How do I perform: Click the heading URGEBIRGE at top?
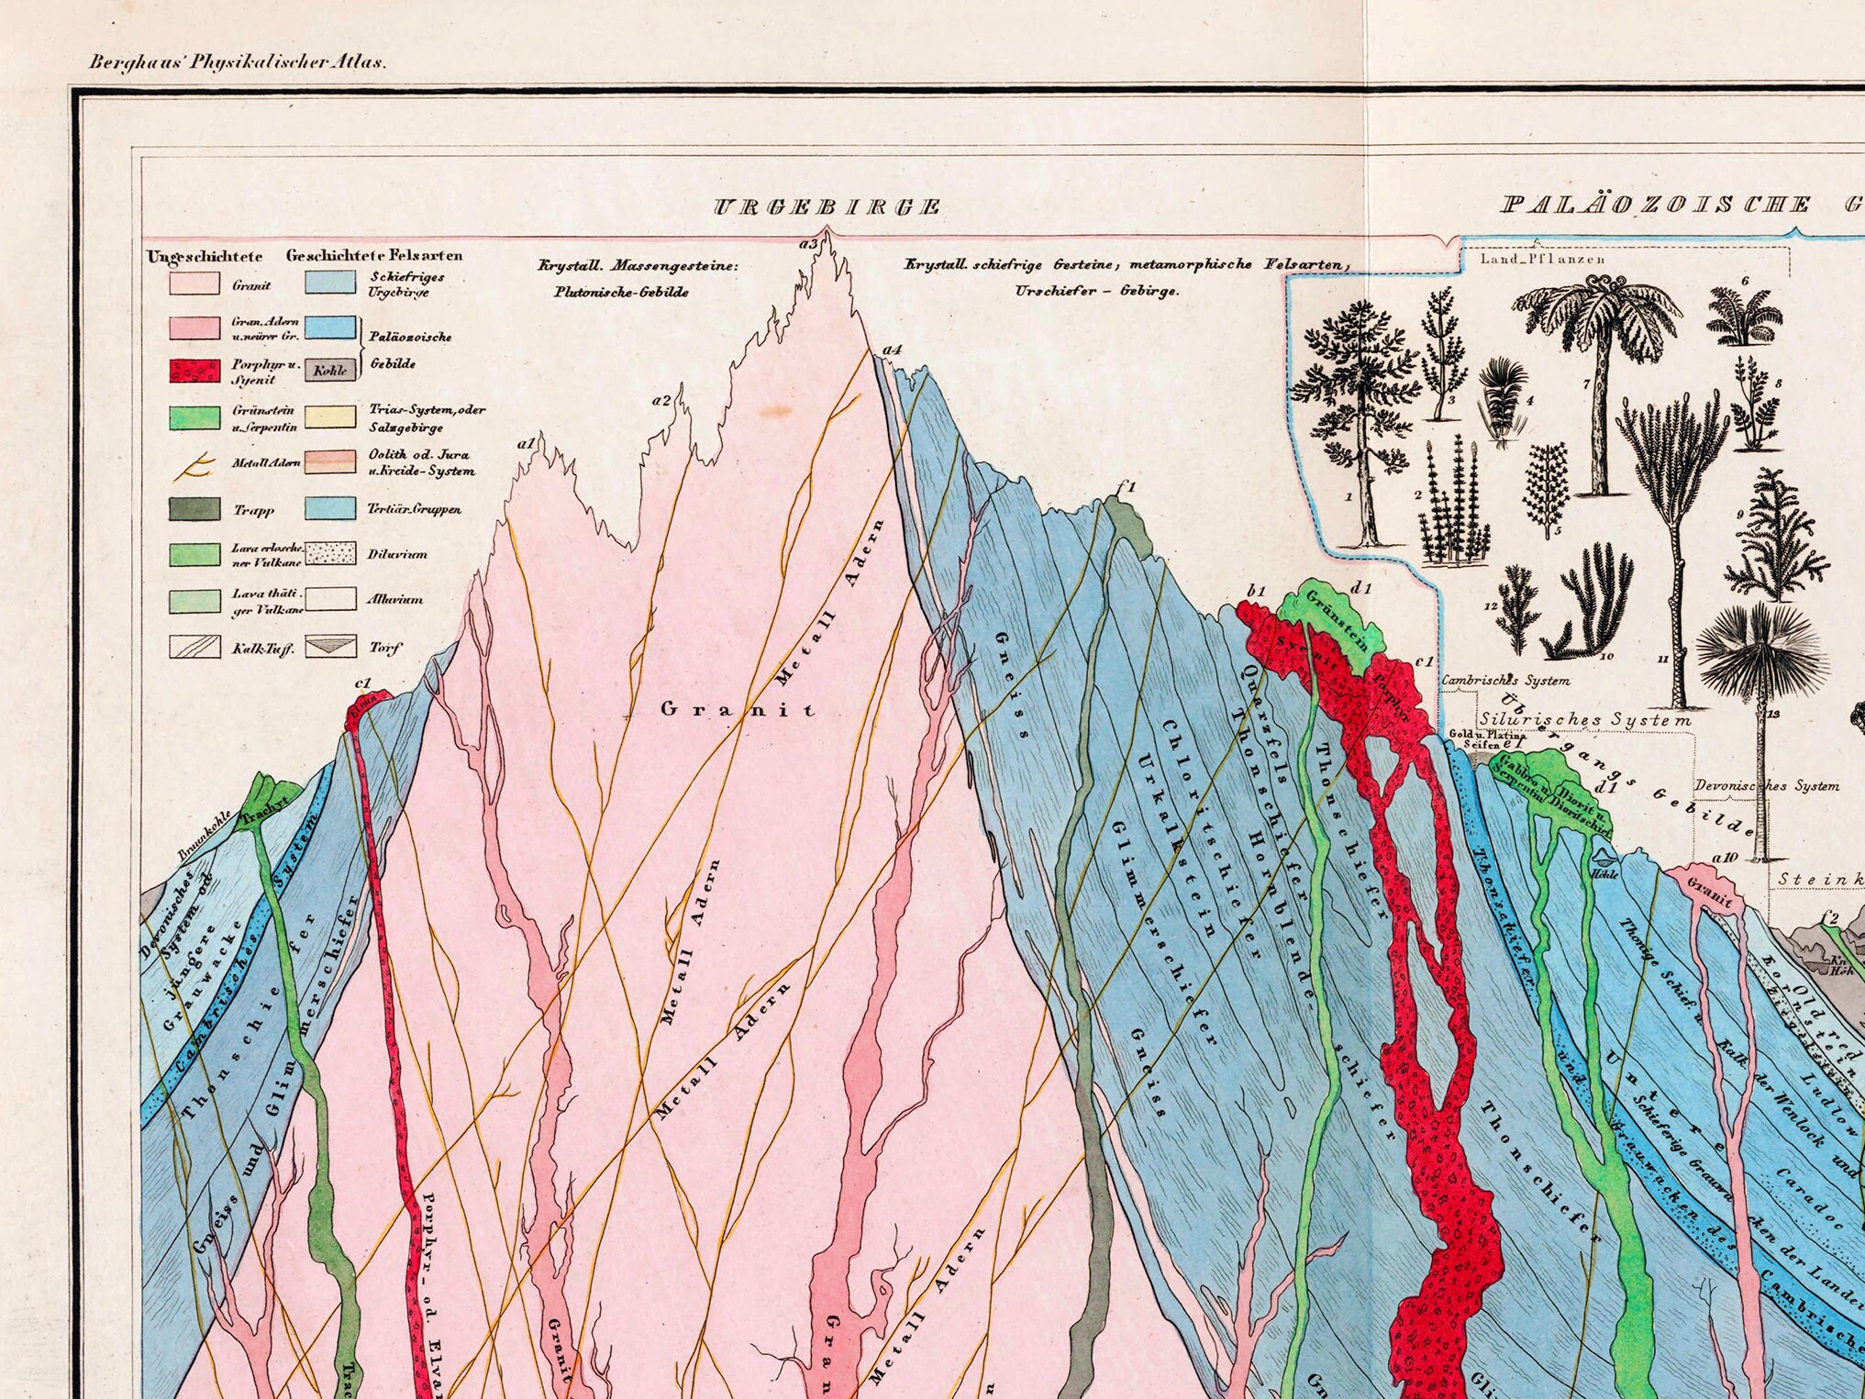(827, 207)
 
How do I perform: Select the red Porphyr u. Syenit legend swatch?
(194, 371)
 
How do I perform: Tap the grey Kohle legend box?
(330, 371)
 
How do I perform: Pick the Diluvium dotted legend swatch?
(330, 553)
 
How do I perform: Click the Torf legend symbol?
(330, 647)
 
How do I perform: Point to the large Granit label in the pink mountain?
(738, 709)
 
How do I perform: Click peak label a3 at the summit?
(807, 244)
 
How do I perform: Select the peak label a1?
(526, 444)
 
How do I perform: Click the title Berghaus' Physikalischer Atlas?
(238, 63)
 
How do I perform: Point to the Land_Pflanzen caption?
(1542, 259)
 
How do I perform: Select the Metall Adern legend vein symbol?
(194, 467)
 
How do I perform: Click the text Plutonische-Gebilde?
(621, 293)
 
